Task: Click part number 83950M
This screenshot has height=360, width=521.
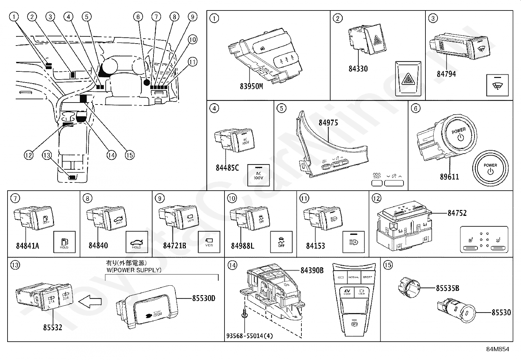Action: pyautogui.click(x=251, y=86)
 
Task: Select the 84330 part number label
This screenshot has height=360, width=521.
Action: pyautogui.click(x=358, y=69)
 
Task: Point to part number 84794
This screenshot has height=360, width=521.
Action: pyautogui.click(x=446, y=74)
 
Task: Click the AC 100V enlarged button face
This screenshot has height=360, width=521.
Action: pyautogui.click(x=258, y=175)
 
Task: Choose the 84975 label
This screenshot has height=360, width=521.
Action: pyautogui.click(x=328, y=123)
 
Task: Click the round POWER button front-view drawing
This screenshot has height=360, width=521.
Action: pyautogui.click(x=490, y=168)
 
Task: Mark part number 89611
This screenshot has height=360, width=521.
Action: pyautogui.click(x=449, y=177)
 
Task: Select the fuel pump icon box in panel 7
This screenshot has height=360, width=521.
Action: pyautogui.click(x=64, y=242)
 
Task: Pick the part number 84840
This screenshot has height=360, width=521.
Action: pyautogui.click(x=98, y=246)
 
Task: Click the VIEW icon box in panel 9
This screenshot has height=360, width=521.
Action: pyautogui.click(x=209, y=242)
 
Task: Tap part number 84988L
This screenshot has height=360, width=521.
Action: pyautogui.click(x=242, y=246)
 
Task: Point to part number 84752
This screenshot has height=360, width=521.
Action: pyautogui.click(x=457, y=213)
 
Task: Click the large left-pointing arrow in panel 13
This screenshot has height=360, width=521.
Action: pyautogui.click(x=90, y=300)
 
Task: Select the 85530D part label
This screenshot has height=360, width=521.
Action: pyautogui.click(x=204, y=298)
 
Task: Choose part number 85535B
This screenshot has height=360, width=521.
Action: pyautogui.click(x=447, y=288)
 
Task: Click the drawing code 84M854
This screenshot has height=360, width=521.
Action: pyautogui.click(x=497, y=349)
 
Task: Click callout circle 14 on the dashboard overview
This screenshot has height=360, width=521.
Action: pyautogui.click(x=112, y=155)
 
